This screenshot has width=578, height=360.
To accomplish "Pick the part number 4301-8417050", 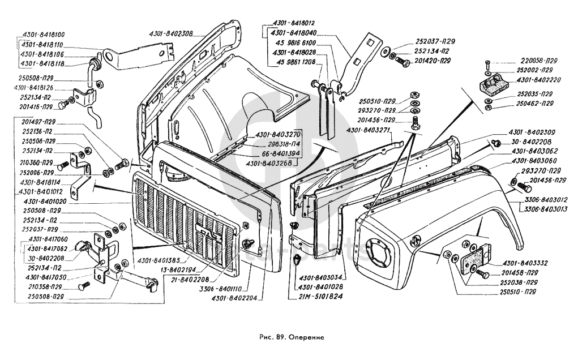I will (x=46, y=277).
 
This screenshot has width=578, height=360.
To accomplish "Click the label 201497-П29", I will (x=42, y=121).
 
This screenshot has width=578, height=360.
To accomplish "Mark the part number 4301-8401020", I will (x=45, y=201).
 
